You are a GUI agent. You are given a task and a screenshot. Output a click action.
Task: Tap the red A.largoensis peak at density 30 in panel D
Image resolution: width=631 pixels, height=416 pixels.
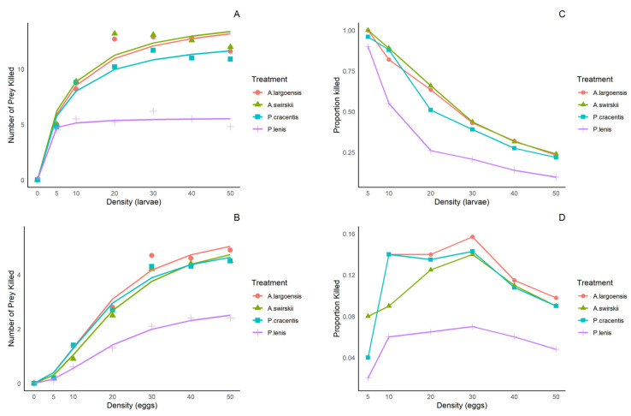tap(472, 237)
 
